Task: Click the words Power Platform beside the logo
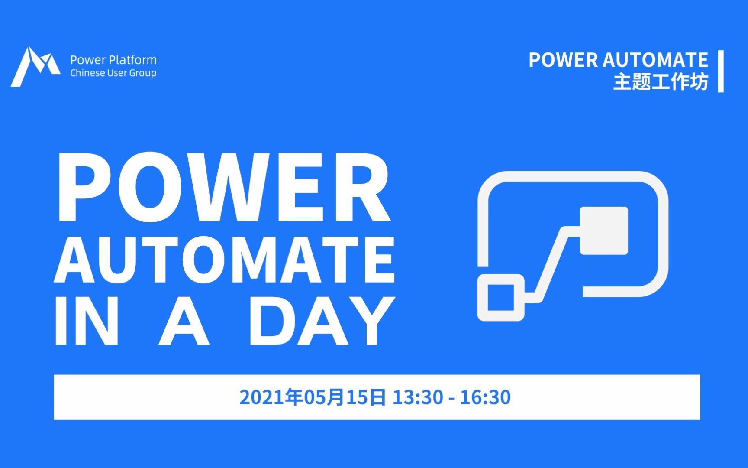113,60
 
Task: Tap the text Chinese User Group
113,73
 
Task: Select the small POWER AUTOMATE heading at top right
618,60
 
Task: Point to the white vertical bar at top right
721,71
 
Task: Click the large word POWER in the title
224,187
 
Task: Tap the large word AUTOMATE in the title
224,260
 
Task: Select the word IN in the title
87,321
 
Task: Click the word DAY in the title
322,321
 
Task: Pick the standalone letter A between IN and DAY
184,321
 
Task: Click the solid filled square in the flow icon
604,231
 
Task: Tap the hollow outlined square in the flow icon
501,298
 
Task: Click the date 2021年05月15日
312,397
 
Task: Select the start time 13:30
418,397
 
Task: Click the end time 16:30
485,397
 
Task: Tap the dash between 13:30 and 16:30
451,398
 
